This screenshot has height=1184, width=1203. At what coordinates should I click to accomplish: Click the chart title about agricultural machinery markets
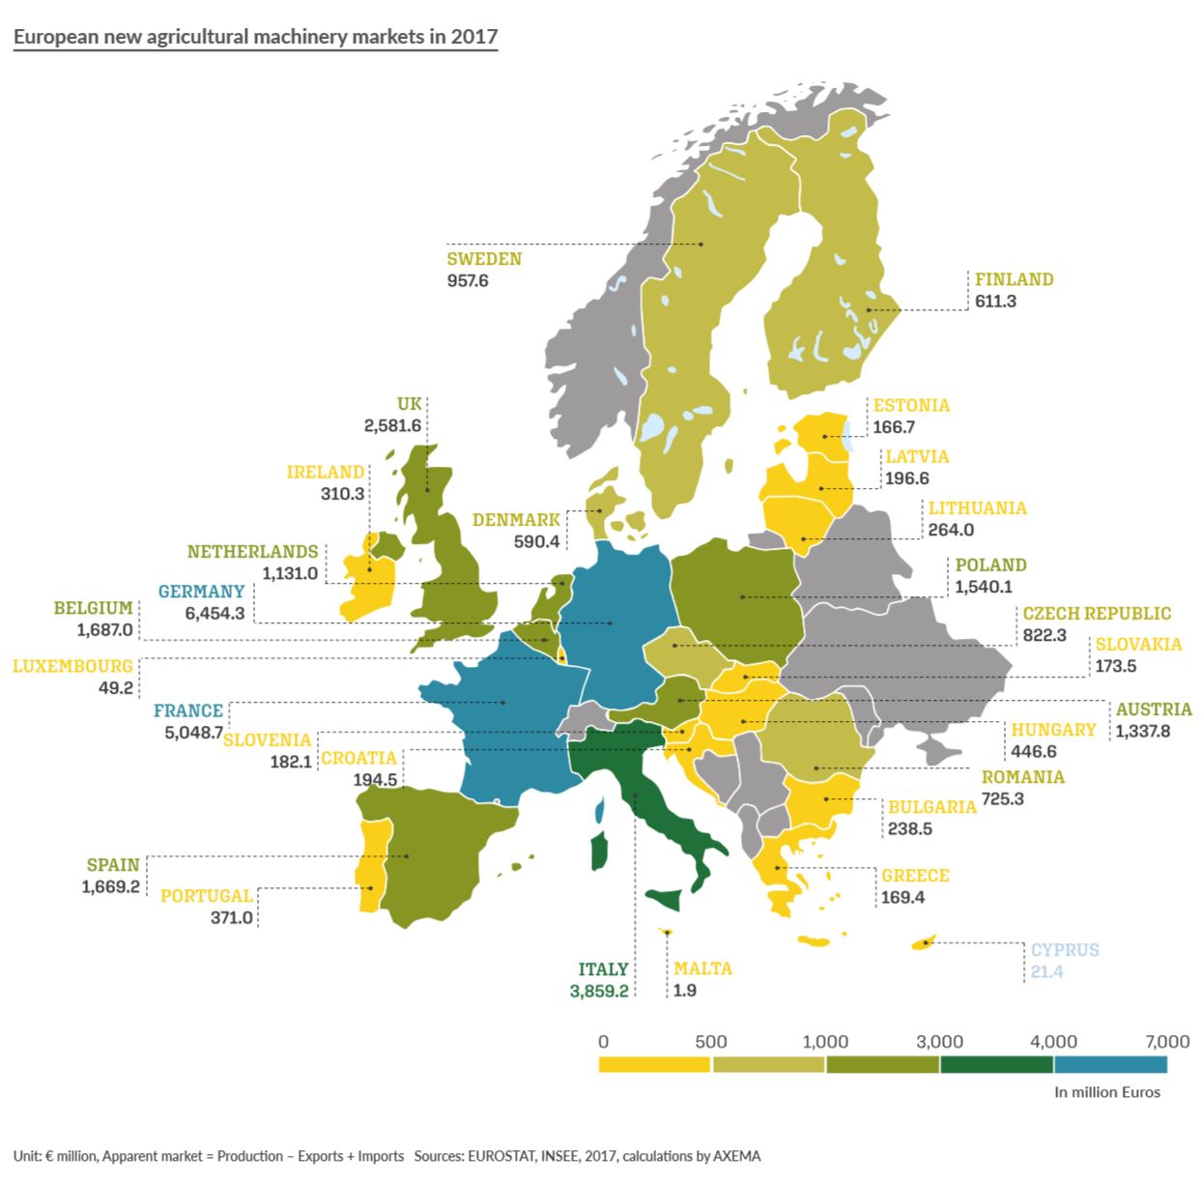click(x=255, y=38)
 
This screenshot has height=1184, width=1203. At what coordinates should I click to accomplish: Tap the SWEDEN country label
click(x=483, y=259)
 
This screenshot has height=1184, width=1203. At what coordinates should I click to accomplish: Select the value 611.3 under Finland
click(x=995, y=301)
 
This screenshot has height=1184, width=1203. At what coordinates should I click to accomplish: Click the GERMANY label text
click(x=201, y=592)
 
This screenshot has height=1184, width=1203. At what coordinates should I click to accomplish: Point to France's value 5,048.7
click(x=193, y=732)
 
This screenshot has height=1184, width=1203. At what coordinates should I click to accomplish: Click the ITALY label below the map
click(x=603, y=968)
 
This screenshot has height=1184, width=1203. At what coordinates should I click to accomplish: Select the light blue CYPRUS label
click(x=1064, y=950)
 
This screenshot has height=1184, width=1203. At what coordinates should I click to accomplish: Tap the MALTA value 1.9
click(x=684, y=991)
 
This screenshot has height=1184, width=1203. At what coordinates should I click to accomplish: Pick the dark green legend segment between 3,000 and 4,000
click(x=996, y=1064)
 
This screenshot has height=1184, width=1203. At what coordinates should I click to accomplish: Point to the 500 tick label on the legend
click(x=711, y=1041)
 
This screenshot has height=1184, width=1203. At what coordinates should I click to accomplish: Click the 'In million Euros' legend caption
click(x=1106, y=1092)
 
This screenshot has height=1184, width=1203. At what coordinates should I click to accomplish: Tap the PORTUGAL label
click(x=206, y=896)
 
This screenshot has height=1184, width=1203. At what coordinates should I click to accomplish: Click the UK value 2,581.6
click(x=392, y=425)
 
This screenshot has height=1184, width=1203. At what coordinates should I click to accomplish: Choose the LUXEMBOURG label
click(x=72, y=667)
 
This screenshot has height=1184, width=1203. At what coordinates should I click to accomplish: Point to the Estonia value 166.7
click(x=894, y=427)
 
